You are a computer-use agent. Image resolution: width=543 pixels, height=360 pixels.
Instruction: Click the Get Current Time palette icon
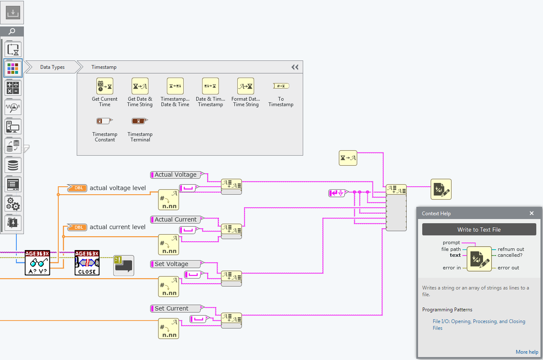coord(104,86)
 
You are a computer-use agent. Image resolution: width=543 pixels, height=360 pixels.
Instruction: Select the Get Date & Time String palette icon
coord(140,86)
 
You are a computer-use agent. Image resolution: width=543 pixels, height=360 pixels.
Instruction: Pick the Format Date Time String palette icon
coord(246,86)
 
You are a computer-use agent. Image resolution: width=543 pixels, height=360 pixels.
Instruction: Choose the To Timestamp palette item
coord(281,86)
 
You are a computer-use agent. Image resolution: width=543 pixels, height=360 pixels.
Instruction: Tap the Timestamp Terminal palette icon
coord(140,121)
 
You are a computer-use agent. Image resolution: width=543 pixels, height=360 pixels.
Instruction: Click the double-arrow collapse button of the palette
coord(295,67)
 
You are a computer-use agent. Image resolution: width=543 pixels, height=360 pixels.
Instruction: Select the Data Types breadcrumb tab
coord(52,67)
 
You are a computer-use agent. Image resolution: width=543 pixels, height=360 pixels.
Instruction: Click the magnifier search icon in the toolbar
coord(12,31)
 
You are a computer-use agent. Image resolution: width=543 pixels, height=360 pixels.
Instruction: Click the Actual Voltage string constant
coord(176,175)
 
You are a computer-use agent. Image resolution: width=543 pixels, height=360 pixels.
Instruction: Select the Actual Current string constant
coord(176,219)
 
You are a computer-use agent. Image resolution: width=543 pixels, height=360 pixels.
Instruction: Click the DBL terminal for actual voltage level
coord(78,188)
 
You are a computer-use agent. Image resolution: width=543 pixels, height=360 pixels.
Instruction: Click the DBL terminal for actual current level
coord(78,227)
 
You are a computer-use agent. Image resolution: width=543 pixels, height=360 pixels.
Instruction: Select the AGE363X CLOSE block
coord(87,263)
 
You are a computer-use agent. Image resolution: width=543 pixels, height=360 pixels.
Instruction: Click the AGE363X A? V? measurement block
coord(37,263)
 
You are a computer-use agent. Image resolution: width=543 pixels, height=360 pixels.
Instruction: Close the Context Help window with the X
coord(532,213)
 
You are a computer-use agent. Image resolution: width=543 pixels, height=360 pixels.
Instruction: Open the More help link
coord(527,352)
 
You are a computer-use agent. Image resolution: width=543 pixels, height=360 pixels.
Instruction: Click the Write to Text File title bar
coord(479,230)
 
